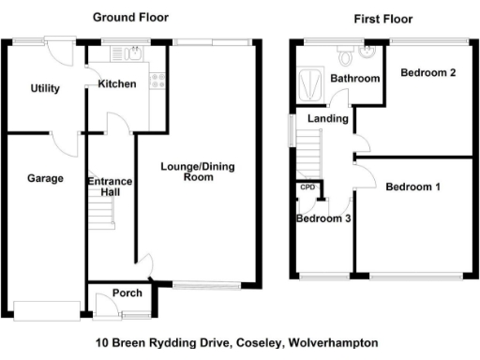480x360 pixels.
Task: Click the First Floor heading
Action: click(382, 19)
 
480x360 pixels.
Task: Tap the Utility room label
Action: click(44, 89)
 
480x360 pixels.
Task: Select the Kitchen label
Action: click(117, 84)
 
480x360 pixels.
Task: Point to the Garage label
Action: click(44, 178)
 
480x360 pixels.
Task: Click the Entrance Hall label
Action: click(110, 187)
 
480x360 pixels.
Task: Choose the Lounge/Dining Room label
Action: click(197, 172)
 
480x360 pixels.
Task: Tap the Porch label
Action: click(127, 293)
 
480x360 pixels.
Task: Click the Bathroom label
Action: click(354, 79)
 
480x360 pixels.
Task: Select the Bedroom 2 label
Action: click(427, 73)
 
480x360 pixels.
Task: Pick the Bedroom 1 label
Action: click(412, 187)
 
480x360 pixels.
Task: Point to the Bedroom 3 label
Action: click(323, 219)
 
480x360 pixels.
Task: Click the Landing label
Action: click(328, 119)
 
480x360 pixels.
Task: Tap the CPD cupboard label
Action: click(307, 187)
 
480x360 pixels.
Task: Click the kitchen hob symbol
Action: click(157, 82)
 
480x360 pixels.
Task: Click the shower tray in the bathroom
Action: click(307, 85)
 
